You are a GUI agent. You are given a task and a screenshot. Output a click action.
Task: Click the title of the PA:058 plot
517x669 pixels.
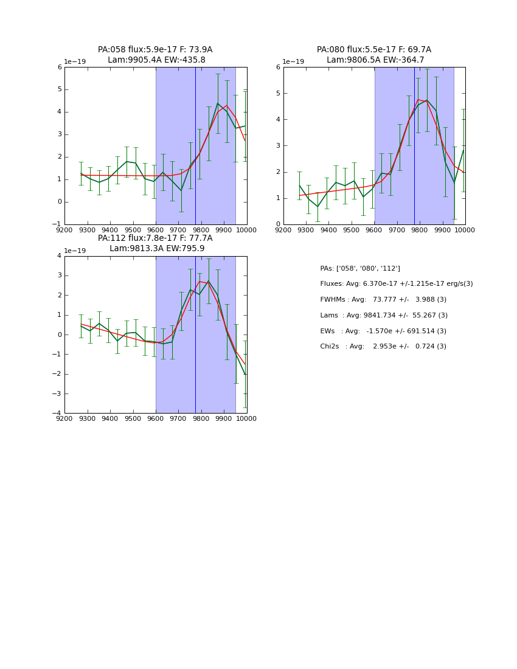155,55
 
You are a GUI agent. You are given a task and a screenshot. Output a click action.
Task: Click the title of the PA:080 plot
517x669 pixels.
374,55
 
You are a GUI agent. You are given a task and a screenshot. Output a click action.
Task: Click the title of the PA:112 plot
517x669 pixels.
155,243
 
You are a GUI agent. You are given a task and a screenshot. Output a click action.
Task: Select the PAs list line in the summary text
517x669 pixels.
360,268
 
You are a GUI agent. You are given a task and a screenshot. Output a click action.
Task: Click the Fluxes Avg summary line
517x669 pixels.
396,284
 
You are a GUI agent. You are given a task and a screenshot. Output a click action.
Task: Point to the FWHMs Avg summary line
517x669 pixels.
383,300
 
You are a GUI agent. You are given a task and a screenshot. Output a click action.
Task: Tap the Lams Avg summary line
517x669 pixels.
384,316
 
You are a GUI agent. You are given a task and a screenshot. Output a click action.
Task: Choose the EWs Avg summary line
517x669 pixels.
383,331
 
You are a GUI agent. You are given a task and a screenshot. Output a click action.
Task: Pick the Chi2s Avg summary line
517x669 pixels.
383,347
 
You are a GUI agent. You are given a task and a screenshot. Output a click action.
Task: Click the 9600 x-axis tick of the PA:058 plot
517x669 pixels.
156,230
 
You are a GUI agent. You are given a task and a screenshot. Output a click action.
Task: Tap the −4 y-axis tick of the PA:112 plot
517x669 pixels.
58,414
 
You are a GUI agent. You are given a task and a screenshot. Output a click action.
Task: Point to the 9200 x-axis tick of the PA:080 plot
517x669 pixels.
283,230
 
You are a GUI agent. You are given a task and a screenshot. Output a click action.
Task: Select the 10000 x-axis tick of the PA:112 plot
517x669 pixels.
246,418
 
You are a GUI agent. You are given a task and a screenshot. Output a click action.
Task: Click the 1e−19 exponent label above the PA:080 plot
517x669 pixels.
294,62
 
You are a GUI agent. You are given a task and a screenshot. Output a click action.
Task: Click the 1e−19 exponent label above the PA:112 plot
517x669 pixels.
75,251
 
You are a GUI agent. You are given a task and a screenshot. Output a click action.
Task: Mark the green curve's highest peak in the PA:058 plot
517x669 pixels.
218,103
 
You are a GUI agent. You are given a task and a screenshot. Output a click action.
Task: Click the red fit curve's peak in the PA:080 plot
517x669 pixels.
418,99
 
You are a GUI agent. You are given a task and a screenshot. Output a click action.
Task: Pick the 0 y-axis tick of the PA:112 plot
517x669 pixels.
59,334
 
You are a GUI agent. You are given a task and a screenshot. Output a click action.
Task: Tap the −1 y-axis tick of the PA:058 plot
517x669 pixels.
58,224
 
